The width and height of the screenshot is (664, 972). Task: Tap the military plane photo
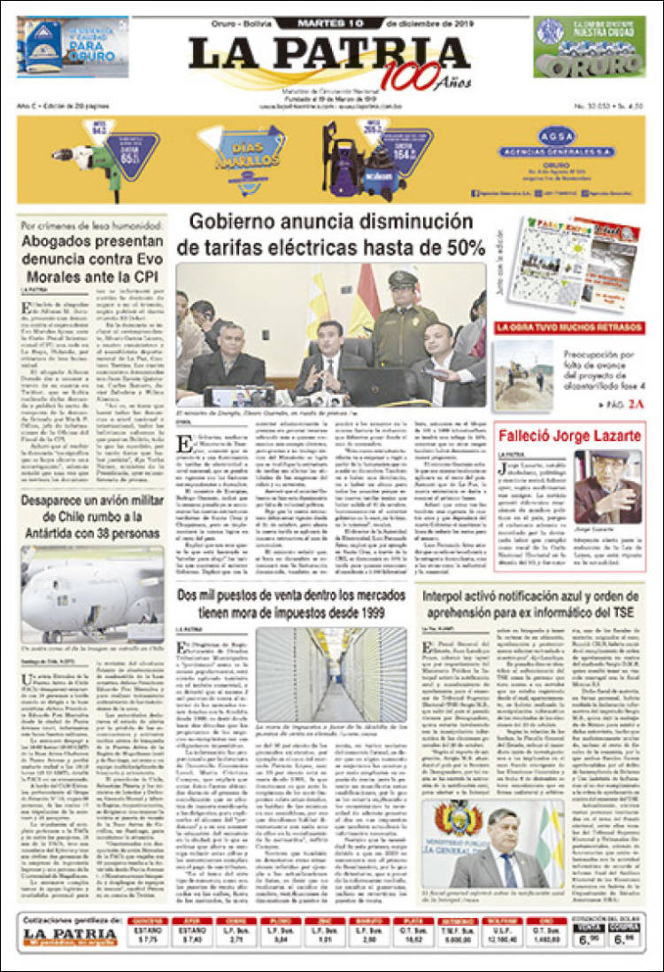point(92,593)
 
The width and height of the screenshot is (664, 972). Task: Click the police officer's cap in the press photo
point(402,278)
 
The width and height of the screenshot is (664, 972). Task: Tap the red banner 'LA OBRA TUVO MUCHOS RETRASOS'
point(568,327)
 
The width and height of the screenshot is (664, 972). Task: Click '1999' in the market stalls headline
point(382,612)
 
